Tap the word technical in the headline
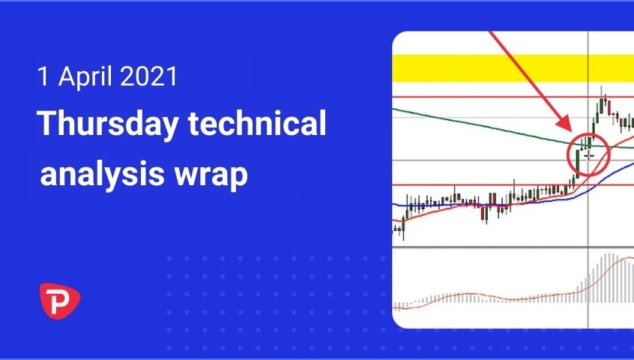257,122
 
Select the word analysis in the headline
103,175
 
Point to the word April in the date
85,76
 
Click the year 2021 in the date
148,76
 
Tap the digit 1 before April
43,76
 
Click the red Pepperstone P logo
59,301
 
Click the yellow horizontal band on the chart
513,68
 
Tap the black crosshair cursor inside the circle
589,155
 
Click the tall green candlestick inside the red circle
577,164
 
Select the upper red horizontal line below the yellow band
513,97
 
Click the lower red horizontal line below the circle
513,185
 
